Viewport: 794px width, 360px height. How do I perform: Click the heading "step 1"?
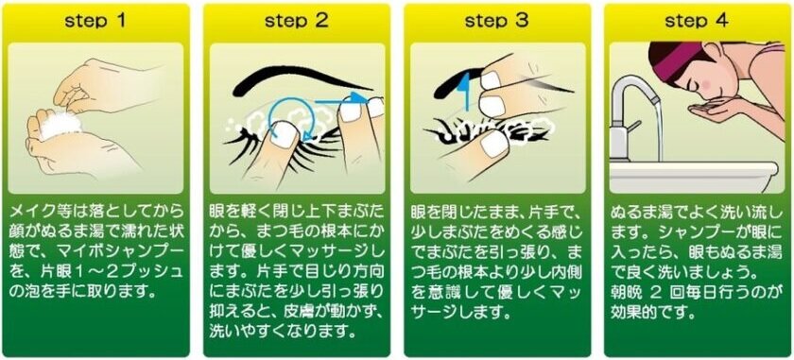click(x=95, y=22)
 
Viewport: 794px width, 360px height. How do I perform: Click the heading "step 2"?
click(x=296, y=22)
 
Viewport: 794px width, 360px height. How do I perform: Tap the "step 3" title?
click(x=497, y=22)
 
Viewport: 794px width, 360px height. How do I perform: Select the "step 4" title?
click(x=697, y=22)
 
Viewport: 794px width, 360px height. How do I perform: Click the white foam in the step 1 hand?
click(x=60, y=123)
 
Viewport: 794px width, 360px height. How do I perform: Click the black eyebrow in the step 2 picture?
click(x=289, y=78)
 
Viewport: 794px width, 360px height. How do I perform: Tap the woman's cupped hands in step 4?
click(x=712, y=108)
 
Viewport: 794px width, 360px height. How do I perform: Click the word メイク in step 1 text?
click(x=28, y=210)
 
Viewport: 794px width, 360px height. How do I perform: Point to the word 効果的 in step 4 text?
click(x=632, y=312)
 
